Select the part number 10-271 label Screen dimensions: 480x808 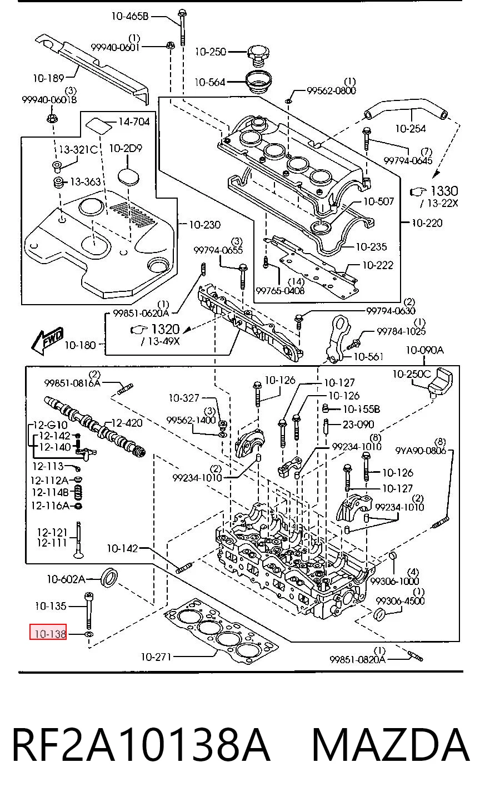pos(156,657)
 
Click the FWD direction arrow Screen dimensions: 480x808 pos(47,340)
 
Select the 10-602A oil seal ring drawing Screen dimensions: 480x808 pos(110,577)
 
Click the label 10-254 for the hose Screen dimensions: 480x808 pos(411,128)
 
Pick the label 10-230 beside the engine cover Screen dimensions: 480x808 pos(204,225)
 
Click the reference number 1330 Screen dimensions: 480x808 pos(444,191)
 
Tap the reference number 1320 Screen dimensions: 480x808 pos(165,329)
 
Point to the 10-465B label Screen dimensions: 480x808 pos(129,16)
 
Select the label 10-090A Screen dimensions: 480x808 pos(424,350)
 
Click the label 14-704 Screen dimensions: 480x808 pos(134,122)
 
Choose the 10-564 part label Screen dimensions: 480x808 pos(210,82)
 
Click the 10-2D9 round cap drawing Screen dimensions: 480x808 pos(128,176)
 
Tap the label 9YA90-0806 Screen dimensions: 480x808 pos(421,450)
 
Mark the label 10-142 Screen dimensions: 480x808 pos(122,549)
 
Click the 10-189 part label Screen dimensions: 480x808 pos(48,78)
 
